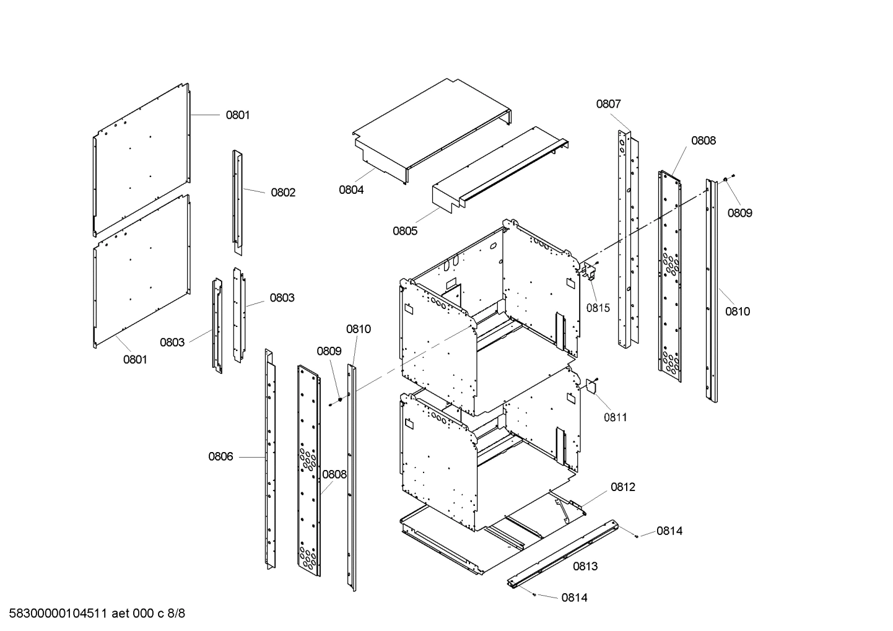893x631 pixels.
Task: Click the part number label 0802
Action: (283, 193)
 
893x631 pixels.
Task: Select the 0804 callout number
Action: (351, 190)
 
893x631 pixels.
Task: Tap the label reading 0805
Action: (405, 231)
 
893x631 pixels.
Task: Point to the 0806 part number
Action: (220, 457)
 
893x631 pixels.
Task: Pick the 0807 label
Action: (608, 104)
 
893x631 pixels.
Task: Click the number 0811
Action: (615, 417)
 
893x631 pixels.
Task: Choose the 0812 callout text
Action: (623, 487)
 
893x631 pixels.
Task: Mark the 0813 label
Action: (585, 566)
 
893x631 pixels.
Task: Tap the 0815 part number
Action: (598, 308)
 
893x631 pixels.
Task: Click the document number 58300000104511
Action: (55, 614)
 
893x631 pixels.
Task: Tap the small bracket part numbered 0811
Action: (591, 386)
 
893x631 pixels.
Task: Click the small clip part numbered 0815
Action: (590, 270)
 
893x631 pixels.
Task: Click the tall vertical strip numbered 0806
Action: (270, 458)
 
